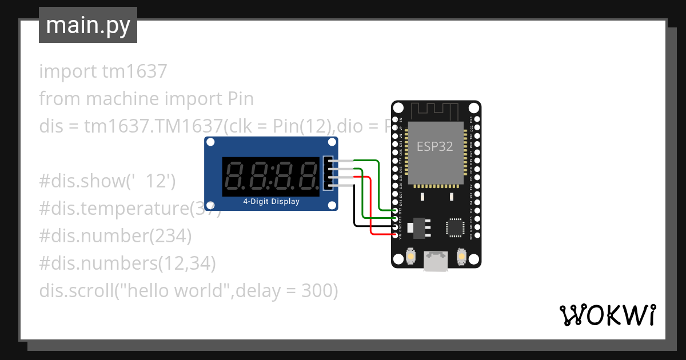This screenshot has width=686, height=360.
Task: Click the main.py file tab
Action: (x=87, y=25)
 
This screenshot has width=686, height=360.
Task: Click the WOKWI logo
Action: (x=607, y=315)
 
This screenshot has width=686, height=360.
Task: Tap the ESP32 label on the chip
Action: (x=434, y=146)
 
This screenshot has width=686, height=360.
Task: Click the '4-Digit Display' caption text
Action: (x=271, y=202)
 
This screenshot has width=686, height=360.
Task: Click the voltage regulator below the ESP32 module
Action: (x=419, y=227)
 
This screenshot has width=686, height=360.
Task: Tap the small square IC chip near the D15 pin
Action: (x=456, y=227)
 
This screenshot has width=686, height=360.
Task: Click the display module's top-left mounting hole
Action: (x=210, y=142)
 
